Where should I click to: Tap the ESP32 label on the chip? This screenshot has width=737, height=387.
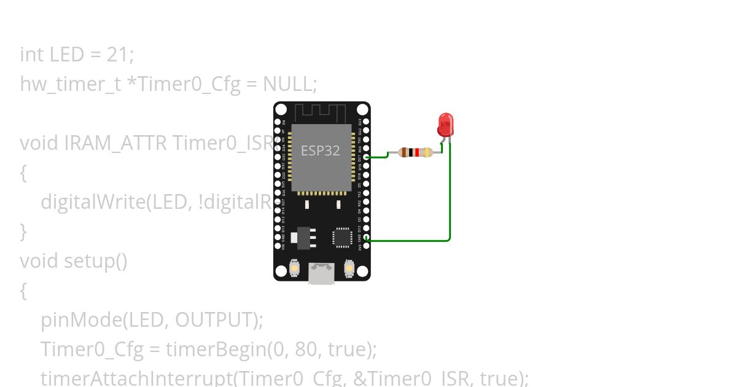[320, 150]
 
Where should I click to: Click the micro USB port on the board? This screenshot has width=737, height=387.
[321, 273]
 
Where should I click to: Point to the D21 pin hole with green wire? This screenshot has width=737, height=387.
[367, 157]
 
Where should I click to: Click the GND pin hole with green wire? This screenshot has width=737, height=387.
[367, 237]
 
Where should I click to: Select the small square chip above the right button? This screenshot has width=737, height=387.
[342, 238]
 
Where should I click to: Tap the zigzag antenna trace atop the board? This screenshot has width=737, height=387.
[321, 113]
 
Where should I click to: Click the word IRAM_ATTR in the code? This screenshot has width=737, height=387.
[115, 143]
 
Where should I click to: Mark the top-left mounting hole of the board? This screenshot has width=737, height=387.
[281, 109]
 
